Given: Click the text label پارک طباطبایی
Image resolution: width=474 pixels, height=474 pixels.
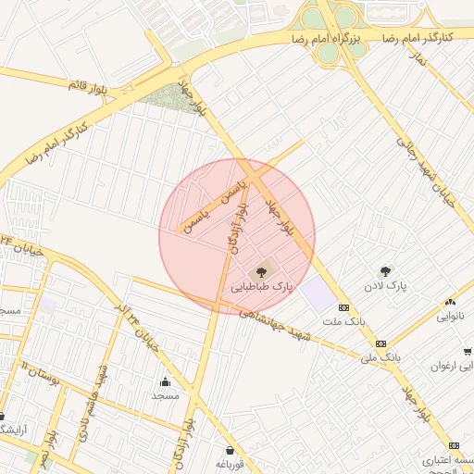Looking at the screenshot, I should coord(261,288).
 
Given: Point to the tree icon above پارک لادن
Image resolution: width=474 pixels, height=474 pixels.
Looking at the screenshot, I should coord(385,271).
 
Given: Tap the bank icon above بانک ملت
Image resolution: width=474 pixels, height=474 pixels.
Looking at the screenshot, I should coord(343,307).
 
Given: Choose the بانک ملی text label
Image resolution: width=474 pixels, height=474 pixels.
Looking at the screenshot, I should coord(380,355).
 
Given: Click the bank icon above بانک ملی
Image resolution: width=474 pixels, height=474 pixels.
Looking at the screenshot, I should coord(380,343).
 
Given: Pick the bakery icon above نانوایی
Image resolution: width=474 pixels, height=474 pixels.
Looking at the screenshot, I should coord(450,301).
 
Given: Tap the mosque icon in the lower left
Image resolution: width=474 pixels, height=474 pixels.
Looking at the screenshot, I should coord(166,381).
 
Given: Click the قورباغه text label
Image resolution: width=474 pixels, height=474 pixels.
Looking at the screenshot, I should coord(230,463).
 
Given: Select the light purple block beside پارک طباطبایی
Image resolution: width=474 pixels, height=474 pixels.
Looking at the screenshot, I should coord(318,294).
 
